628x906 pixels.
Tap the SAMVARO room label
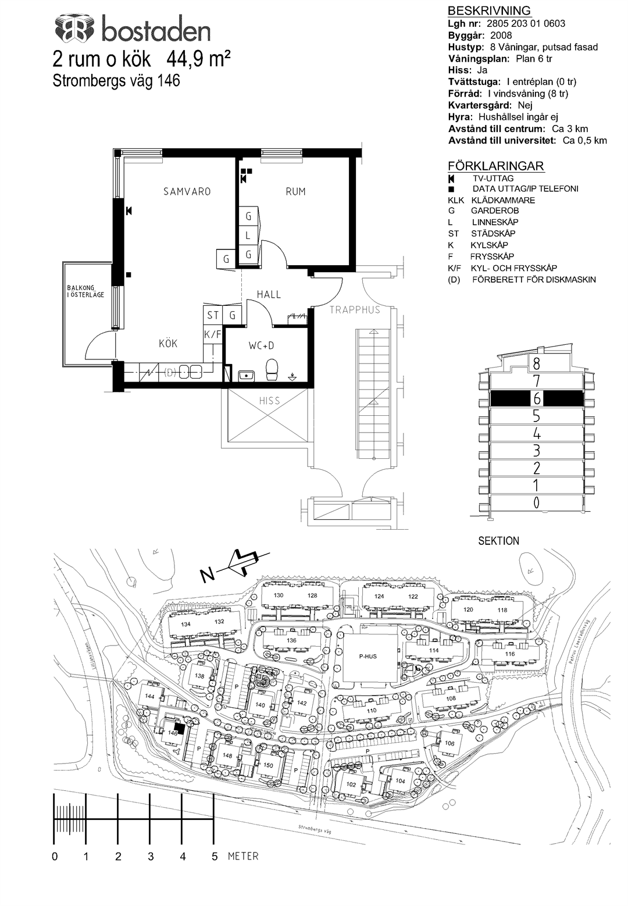point(187,191)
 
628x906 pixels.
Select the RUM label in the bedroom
point(295,191)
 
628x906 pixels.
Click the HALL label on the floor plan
point(269,295)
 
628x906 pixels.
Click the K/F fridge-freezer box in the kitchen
point(212,335)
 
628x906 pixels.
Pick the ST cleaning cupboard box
point(212,315)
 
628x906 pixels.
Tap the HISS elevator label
point(269,401)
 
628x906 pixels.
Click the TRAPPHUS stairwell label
point(355,310)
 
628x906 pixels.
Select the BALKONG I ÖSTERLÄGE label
point(85,291)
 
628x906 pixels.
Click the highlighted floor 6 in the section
point(537,398)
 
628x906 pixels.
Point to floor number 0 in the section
point(537,502)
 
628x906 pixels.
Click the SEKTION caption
point(498,541)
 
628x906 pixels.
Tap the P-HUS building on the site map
point(367,656)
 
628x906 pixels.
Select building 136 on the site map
point(291,640)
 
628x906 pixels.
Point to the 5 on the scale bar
point(215,857)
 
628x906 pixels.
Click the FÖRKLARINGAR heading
point(496,166)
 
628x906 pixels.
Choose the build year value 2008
point(501,35)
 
